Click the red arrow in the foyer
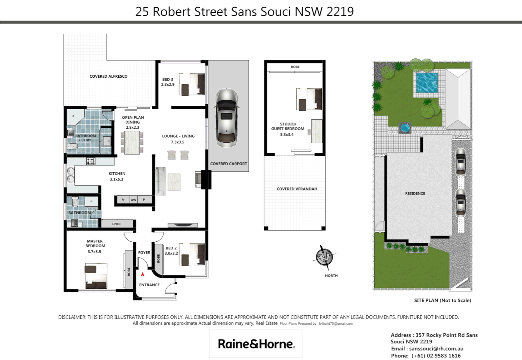tap(143, 274)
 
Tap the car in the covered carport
tap(227, 118)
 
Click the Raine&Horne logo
tap(256, 344)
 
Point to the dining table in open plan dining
tap(132, 143)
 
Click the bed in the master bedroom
tap(96, 276)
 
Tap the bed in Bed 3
tap(192, 85)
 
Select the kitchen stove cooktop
tap(91, 161)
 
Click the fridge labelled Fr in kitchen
tap(123, 200)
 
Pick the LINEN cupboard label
tap(116, 224)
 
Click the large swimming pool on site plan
tap(427, 83)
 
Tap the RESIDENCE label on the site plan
tap(415, 193)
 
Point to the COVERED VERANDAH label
tap(297, 189)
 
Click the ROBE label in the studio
tap(295, 67)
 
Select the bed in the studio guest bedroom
tap(309, 99)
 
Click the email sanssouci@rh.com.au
tap(436, 349)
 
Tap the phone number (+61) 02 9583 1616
tap(436, 356)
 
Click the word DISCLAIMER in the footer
tap(72, 317)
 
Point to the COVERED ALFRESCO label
tap(108, 76)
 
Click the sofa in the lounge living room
tap(161, 181)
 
